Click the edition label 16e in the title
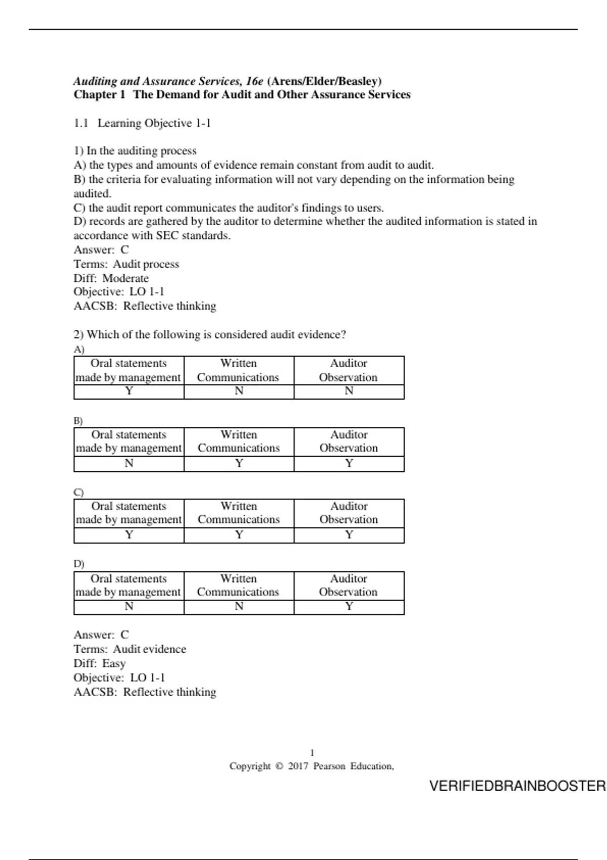pyautogui.click(x=255, y=81)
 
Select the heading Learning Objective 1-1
pyautogui.click(x=154, y=123)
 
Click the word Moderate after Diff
pyautogui.click(x=125, y=278)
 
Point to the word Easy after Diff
pyautogui.click(x=114, y=664)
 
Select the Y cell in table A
pyautogui.click(x=129, y=391)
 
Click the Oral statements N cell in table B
pyautogui.click(x=129, y=463)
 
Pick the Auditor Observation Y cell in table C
pyautogui.click(x=349, y=535)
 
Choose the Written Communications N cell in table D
pyautogui.click(x=239, y=607)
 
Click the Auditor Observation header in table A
pyautogui.click(x=349, y=370)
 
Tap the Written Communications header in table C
pyautogui.click(x=239, y=513)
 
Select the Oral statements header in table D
pyautogui.click(x=128, y=585)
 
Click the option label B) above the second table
pyautogui.click(x=78, y=421)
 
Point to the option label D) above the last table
pyautogui.click(x=78, y=564)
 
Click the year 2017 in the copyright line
pyautogui.click(x=298, y=766)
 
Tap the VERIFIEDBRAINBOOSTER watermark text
pyautogui.click(x=517, y=786)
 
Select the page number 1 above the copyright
pyautogui.click(x=312, y=753)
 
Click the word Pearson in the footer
pyautogui.click(x=329, y=766)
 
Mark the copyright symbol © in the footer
pyautogui.click(x=279, y=766)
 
